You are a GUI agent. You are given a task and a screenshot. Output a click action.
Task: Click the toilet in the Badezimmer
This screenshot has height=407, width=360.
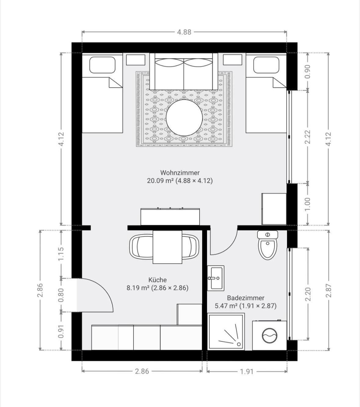[x=267, y=245]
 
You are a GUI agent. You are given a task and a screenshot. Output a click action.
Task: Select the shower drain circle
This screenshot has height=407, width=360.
[x=239, y=344]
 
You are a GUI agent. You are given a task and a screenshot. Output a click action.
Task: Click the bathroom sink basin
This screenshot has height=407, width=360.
[x=216, y=278]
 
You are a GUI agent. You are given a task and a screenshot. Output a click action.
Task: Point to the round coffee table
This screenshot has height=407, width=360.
[x=184, y=118]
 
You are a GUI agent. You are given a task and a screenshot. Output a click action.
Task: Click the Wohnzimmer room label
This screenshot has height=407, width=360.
[x=180, y=173]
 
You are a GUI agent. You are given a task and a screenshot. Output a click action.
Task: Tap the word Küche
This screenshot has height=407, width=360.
[x=158, y=280]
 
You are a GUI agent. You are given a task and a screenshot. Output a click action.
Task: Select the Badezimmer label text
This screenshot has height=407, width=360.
[x=246, y=298]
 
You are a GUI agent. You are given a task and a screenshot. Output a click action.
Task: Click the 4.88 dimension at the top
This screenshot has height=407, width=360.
[x=184, y=32]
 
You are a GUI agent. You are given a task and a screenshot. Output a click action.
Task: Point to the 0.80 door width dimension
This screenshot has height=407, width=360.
[x=61, y=295]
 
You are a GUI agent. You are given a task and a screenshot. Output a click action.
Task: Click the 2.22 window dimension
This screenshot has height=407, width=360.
[x=307, y=137]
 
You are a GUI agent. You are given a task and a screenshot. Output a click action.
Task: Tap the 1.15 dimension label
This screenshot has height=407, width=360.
[x=61, y=254]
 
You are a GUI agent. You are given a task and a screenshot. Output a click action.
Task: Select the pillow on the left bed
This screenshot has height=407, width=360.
[x=103, y=65]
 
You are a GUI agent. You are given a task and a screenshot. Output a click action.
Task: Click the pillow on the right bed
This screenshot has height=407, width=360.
[x=266, y=65]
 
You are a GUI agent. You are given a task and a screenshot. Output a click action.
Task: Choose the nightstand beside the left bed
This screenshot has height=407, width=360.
[x=136, y=60]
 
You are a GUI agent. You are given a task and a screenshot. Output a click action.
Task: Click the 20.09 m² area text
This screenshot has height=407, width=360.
[x=160, y=181]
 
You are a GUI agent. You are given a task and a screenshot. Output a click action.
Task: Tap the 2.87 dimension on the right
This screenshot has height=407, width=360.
[x=329, y=290]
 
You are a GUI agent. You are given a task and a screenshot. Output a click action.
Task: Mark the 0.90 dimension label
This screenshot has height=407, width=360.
[x=307, y=72]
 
